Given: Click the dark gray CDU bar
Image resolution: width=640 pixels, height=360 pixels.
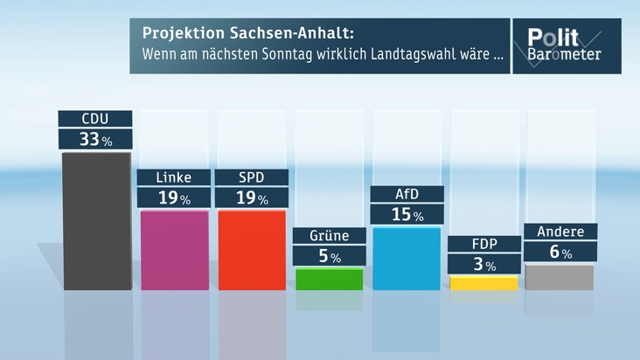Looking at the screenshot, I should (x=96, y=220).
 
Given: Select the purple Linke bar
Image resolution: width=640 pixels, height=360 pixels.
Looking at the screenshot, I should (x=174, y=250).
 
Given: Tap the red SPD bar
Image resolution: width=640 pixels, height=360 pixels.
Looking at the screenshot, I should (x=251, y=250).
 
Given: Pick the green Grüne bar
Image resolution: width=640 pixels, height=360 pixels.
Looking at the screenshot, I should (x=329, y=279).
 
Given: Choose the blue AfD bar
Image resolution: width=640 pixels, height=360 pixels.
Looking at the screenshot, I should (x=407, y=258).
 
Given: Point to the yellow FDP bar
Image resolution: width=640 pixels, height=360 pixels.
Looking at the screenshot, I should (x=483, y=283).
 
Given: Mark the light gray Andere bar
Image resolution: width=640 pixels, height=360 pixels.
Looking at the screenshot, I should (x=560, y=276).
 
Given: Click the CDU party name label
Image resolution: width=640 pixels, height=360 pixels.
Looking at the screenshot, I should (x=95, y=119).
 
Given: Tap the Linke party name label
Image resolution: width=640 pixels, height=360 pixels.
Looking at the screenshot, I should (x=174, y=177).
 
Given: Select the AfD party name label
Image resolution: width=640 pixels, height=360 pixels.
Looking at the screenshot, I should (x=407, y=194).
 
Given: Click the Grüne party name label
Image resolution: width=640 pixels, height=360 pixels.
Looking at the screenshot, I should (x=329, y=236).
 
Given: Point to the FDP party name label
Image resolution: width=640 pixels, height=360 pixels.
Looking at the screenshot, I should (x=483, y=244).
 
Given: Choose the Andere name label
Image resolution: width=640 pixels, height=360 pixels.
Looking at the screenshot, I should (x=560, y=232).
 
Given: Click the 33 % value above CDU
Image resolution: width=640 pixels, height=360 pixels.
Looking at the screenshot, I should (x=95, y=139).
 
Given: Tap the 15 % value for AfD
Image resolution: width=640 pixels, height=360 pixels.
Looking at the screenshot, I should (x=407, y=214).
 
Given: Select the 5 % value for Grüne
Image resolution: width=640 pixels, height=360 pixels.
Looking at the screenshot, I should (x=329, y=256).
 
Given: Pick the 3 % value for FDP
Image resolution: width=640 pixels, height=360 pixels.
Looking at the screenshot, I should (x=483, y=264).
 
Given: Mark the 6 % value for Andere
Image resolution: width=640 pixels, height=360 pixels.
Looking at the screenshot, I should (x=560, y=252).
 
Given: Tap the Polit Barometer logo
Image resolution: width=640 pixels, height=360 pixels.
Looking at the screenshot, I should (x=564, y=45).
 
